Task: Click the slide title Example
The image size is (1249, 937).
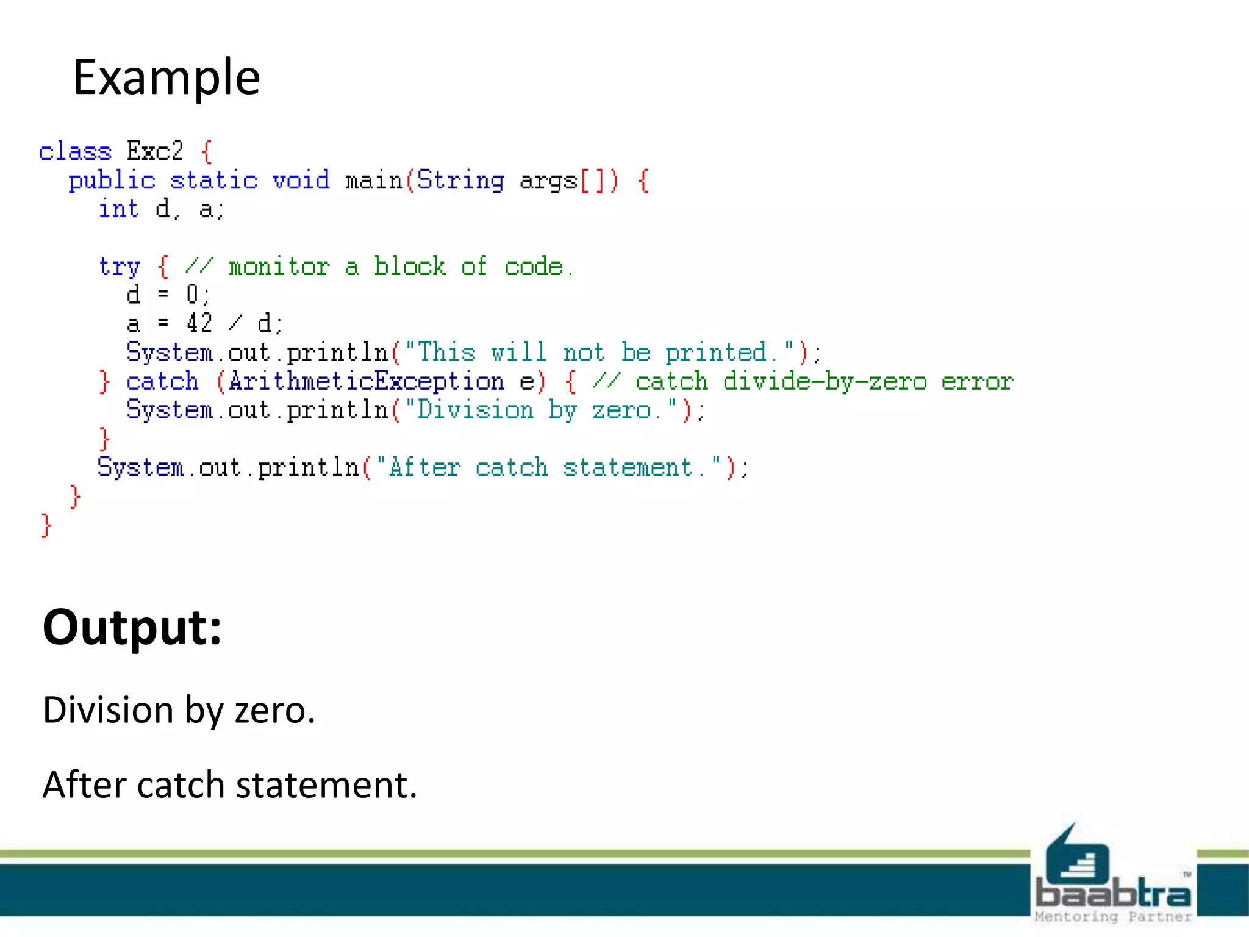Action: pos(166,78)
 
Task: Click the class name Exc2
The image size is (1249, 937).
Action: pos(155,151)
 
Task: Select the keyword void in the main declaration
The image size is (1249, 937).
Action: pos(301,180)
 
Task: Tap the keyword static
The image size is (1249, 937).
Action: pos(213,180)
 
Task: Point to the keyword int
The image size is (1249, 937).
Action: pos(119,209)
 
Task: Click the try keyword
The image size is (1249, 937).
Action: pos(120,267)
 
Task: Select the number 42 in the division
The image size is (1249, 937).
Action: pos(199,323)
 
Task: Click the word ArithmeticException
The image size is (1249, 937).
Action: pos(367,381)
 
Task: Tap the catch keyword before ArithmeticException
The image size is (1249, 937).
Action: pos(162,381)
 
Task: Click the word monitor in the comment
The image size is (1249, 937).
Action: pos(279,267)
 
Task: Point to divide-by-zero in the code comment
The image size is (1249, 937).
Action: pos(825,381)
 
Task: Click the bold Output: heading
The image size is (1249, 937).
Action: pos(132,627)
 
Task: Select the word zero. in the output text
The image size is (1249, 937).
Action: pos(275,710)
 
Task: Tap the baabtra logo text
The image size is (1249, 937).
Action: pos(1112,893)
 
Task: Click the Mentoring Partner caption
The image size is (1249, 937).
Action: pos(1112,917)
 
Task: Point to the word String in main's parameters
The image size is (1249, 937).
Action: pos(460,180)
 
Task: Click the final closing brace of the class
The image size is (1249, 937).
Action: pos(46,525)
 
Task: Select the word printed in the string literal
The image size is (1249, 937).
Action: pos(715,353)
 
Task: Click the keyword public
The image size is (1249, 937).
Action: pos(112,180)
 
